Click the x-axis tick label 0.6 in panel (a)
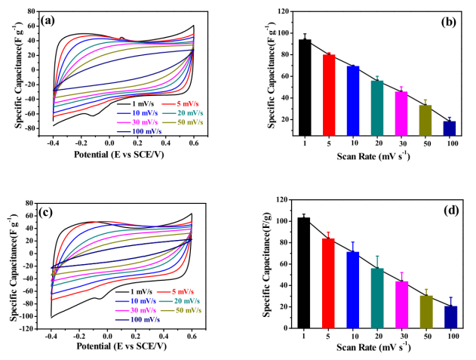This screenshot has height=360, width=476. click(194, 143)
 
